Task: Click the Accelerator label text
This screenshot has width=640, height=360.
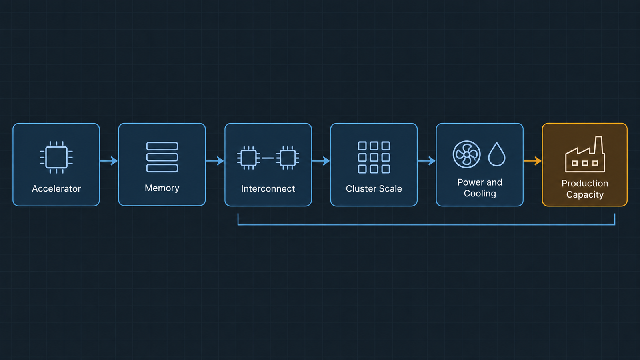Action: click(56, 188)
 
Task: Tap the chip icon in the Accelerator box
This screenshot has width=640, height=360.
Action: click(56, 158)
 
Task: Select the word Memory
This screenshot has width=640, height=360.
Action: click(162, 188)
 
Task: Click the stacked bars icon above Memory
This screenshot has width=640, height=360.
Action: click(162, 157)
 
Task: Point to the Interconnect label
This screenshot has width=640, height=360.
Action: click(268, 188)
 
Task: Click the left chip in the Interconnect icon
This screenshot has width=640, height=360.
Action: click(248, 158)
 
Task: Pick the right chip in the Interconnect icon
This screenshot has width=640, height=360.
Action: click(288, 158)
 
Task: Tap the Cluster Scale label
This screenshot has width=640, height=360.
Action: click(374, 188)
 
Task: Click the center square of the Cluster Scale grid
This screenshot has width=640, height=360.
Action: click(374, 158)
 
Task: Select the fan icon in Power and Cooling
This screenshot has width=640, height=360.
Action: click(466, 154)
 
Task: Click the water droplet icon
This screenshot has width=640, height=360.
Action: click(496, 154)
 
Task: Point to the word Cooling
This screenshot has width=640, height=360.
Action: click(480, 194)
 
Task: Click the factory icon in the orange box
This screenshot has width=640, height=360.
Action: click(585, 154)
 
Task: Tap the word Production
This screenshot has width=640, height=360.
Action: click(585, 183)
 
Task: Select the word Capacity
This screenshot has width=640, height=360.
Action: click(585, 194)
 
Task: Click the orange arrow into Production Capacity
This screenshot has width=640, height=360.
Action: click(532, 161)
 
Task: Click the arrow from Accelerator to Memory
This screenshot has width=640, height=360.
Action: click(109, 161)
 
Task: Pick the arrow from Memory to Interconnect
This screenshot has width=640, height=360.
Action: click(215, 161)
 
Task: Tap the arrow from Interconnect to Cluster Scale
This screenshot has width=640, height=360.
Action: click(321, 161)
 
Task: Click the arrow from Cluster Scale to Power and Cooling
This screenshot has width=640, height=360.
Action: click(426, 161)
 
